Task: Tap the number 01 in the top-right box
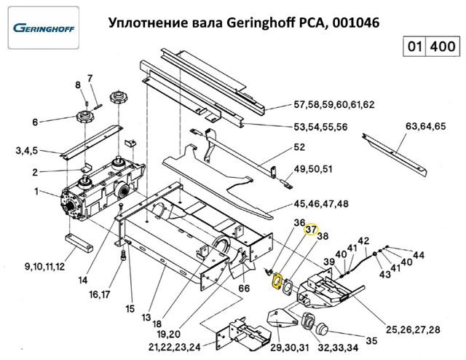click(x=414, y=47)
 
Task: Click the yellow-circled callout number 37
click(x=312, y=230)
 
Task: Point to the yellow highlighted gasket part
click(x=277, y=281)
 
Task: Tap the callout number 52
click(x=299, y=148)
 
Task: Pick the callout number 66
click(x=243, y=289)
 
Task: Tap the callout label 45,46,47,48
click(x=320, y=203)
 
